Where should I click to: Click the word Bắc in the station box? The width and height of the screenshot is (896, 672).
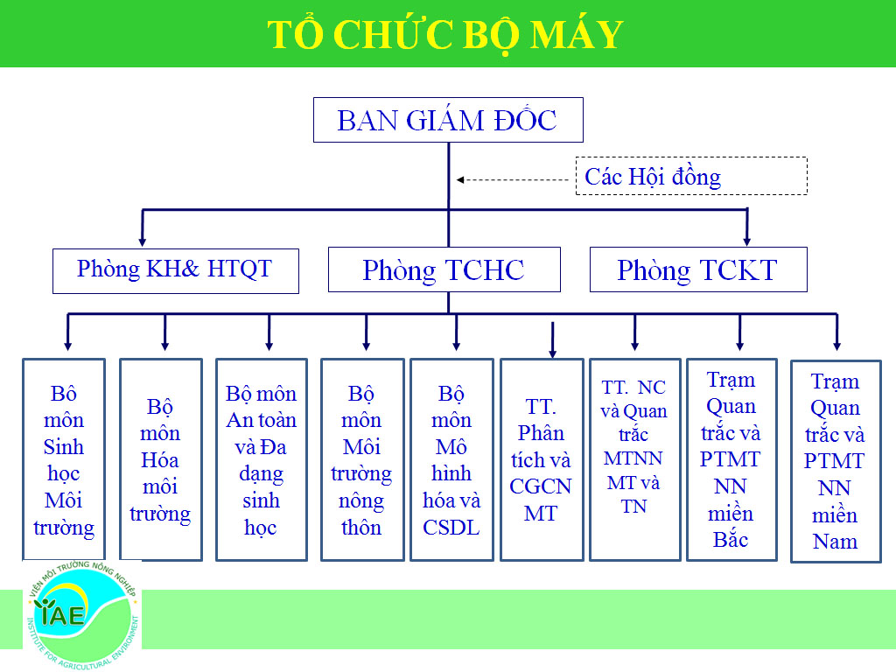point(731,539)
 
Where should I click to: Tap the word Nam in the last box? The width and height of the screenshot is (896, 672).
point(835,541)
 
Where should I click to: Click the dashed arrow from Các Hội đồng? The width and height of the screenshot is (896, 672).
point(512,180)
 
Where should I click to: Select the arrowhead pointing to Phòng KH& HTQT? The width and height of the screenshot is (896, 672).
point(143,241)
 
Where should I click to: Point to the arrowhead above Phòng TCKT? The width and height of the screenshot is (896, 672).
point(746,240)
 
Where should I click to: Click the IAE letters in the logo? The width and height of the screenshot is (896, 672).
point(61,614)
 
